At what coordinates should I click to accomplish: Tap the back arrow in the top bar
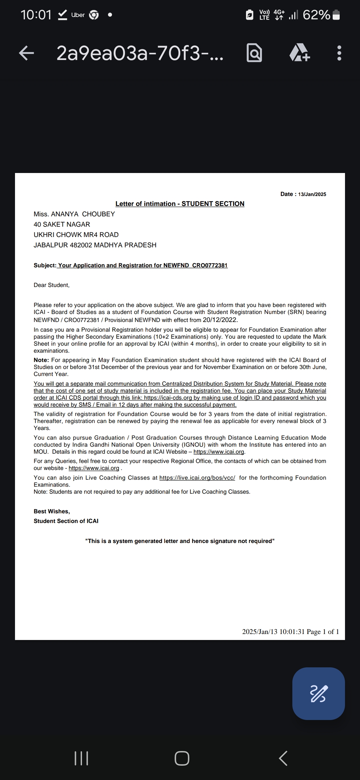(27, 53)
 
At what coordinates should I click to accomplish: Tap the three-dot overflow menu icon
(339, 53)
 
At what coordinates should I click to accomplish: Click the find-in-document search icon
(254, 53)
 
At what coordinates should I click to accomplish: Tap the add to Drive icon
(299, 53)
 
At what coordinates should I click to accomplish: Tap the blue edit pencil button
(318, 694)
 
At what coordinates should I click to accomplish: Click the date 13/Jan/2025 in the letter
(312, 194)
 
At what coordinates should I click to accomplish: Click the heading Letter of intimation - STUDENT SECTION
(180, 204)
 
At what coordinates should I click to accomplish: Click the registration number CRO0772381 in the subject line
(210, 265)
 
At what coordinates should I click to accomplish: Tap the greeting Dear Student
(52, 285)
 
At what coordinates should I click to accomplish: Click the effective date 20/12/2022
(220, 320)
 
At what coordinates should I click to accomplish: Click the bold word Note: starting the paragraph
(41, 360)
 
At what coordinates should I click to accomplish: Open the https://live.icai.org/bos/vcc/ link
(197, 478)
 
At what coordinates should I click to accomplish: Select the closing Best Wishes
(52, 511)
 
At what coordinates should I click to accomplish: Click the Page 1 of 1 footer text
(323, 632)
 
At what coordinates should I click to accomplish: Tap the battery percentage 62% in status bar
(316, 15)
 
